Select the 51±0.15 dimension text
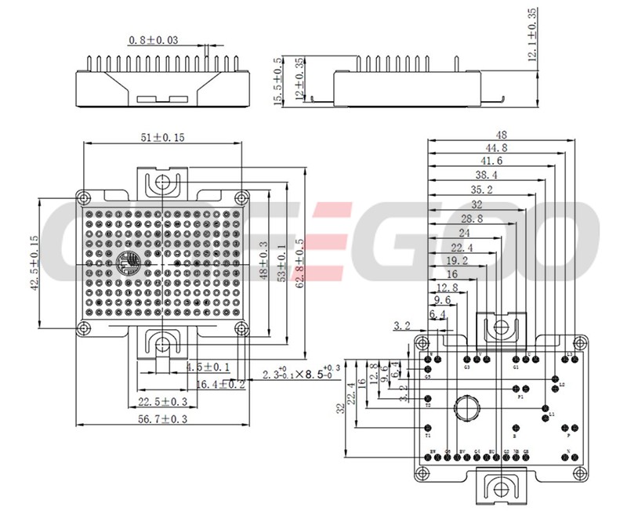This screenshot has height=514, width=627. click(x=162, y=137)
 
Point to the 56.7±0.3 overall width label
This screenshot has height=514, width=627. click(x=162, y=419)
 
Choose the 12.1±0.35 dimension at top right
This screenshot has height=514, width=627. click(x=533, y=35)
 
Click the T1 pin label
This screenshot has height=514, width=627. click(x=428, y=435)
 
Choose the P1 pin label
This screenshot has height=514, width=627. click(x=520, y=397)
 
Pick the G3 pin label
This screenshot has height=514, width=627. click(x=467, y=367)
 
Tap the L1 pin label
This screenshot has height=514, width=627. click(x=552, y=414)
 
